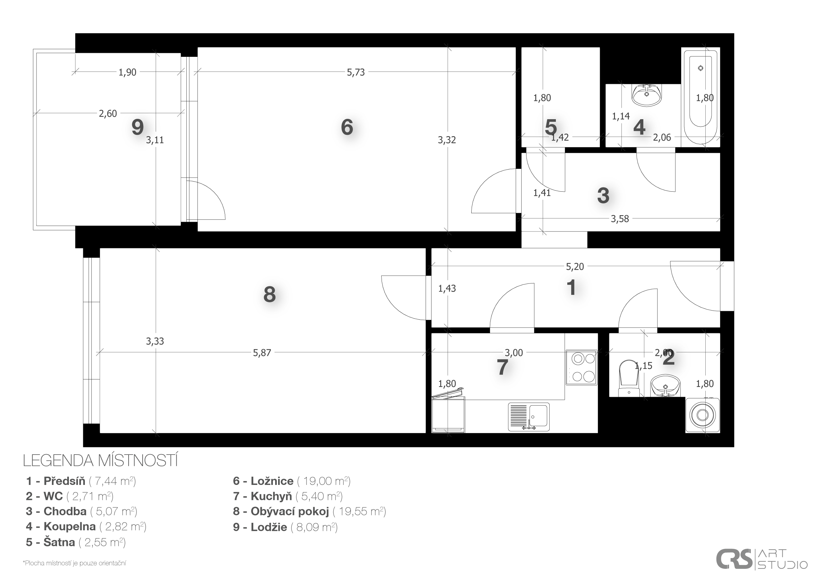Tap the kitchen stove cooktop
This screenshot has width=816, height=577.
(581, 367)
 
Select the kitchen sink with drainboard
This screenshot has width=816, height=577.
(528, 417)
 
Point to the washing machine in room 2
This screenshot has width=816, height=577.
(702, 415)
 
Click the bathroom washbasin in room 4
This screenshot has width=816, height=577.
(647, 95)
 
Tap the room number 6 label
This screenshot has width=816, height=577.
(347, 127)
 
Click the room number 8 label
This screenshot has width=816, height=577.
(269, 295)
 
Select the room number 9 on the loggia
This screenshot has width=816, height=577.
(137, 127)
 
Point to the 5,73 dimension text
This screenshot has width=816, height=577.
(356, 72)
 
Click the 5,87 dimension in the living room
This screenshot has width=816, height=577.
(262, 353)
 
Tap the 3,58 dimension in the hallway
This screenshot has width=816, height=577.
(620, 219)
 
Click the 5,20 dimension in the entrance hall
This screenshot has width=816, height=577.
(575, 266)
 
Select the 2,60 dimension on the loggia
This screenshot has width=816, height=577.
(108, 113)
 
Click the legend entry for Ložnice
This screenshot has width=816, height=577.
(292, 481)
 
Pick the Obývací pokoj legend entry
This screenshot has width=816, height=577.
(309, 511)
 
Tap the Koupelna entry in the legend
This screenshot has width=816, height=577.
(86, 526)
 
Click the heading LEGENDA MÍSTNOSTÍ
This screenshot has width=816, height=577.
(100, 461)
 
